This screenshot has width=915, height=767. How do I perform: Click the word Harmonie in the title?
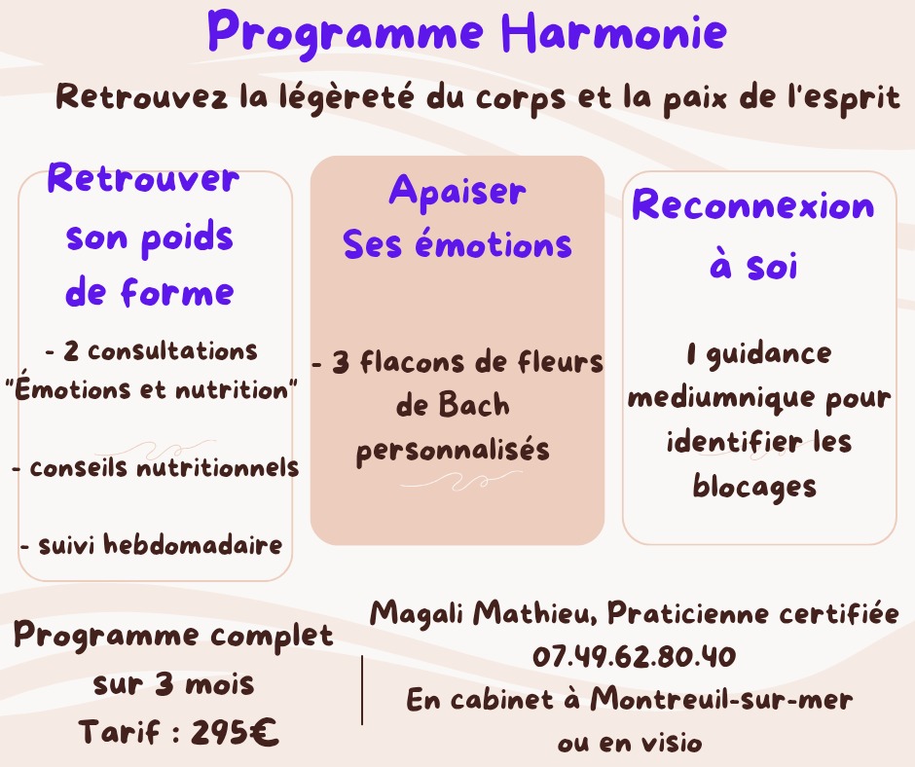[x=614, y=33]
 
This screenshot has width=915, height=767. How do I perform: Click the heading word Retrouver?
[x=143, y=180]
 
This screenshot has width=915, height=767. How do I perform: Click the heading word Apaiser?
[x=457, y=192]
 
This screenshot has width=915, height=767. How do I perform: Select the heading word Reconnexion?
[x=753, y=205]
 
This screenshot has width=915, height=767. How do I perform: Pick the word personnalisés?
[x=453, y=451]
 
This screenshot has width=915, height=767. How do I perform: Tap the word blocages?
[x=754, y=487]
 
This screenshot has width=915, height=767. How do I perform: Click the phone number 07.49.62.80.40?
[x=634, y=657]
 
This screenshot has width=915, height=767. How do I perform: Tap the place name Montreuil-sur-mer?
[x=721, y=700]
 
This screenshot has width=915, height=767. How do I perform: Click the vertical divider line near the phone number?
[x=362, y=689]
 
